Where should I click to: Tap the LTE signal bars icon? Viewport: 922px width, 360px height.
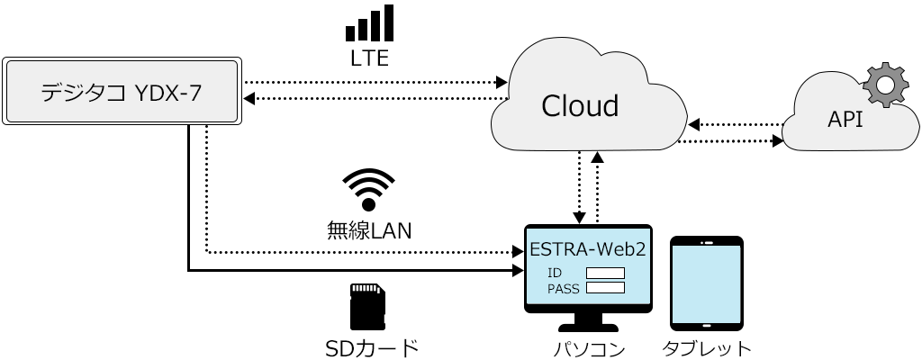(369, 23)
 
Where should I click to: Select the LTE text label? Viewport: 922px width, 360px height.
(369, 59)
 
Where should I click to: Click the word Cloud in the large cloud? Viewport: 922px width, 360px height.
(580, 106)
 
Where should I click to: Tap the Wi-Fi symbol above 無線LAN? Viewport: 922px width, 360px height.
(367, 190)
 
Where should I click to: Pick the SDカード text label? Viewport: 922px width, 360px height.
(371, 347)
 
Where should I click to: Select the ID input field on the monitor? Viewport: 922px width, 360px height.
(605, 272)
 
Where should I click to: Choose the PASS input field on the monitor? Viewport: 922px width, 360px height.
(605, 288)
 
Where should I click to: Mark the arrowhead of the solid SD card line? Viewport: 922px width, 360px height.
(518, 269)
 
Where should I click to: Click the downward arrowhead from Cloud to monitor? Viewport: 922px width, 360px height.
(581, 219)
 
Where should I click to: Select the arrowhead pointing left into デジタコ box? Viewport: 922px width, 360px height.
(250, 98)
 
